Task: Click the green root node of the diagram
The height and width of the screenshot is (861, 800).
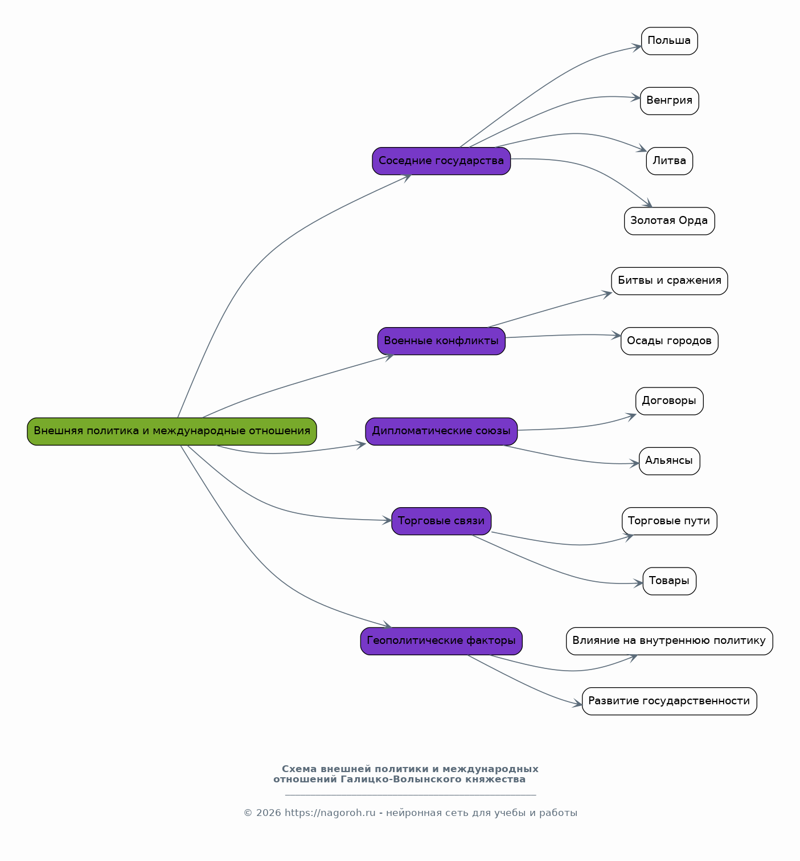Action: [171, 431]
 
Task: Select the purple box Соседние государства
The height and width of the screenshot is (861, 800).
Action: [441, 161]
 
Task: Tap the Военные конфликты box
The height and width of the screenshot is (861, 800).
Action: [441, 341]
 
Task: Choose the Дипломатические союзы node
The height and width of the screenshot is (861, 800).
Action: [441, 431]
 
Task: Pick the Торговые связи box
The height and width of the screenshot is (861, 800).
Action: [441, 521]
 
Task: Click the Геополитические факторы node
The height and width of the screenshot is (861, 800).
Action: [441, 641]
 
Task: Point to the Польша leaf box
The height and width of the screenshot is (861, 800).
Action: [669, 41]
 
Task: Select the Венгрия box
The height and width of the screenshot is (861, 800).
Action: [669, 101]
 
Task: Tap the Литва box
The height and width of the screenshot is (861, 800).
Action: [669, 161]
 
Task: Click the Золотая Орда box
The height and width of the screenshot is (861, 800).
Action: [669, 221]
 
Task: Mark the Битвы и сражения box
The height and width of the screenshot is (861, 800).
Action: [669, 281]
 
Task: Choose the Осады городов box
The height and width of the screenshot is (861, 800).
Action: [669, 341]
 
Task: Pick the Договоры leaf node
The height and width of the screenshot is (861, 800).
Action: [669, 401]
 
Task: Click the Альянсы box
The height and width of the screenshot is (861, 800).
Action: [669, 462]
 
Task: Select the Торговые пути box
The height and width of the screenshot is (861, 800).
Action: [669, 521]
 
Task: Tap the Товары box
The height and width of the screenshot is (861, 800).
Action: [669, 581]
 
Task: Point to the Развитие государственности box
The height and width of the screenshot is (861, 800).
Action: [669, 701]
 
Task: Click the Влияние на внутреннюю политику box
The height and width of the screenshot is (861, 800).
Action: [669, 641]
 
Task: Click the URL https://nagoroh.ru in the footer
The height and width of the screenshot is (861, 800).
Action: [330, 813]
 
